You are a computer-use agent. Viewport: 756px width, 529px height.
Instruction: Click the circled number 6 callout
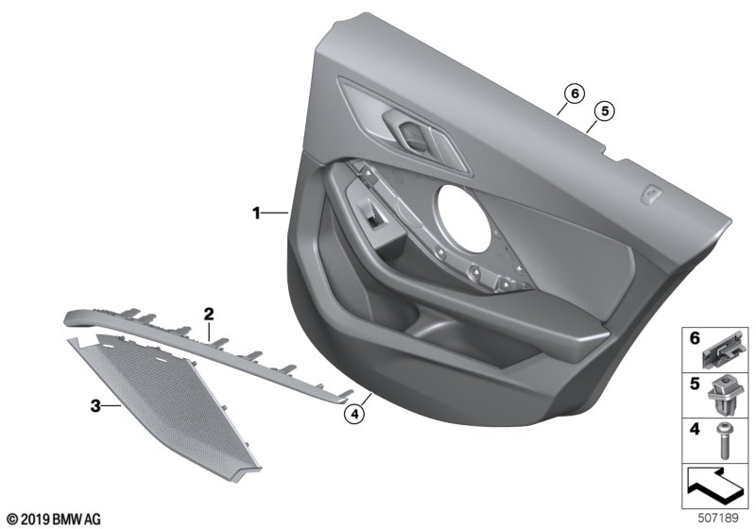[x=575, y=94]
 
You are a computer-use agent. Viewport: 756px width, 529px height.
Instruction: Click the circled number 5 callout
[x=605, y=111]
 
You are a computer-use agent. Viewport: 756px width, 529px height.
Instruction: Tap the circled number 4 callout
[x=355, y=414]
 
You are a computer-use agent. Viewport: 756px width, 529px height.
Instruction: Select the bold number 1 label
[x=256, y=213]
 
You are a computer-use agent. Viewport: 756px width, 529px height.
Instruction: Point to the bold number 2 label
[x=208, y=315]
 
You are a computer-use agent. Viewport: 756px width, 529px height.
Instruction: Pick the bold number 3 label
[x=95, y=406]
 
